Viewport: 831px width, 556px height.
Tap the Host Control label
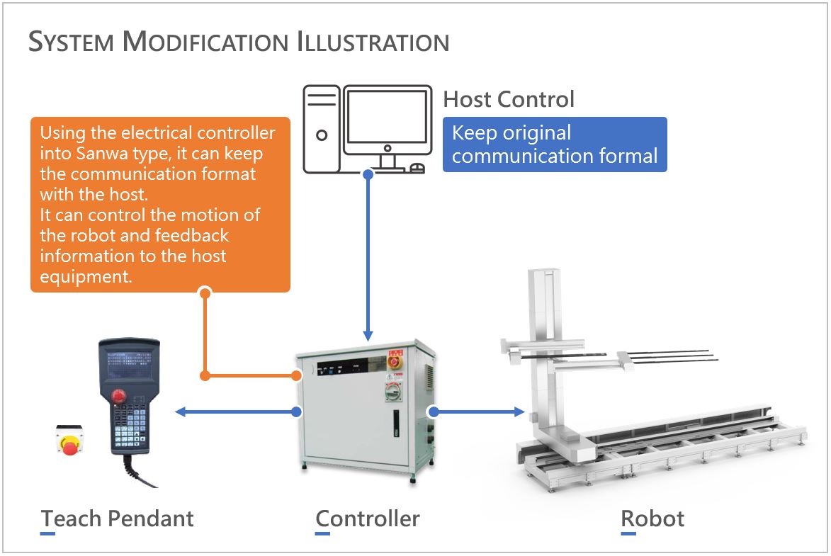tap(508, 99)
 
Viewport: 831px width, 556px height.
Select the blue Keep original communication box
tap(555, 144)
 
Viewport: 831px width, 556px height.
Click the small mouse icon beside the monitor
tap(418, 168)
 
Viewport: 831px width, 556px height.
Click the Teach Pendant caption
tap(118, 518)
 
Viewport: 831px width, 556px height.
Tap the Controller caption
tap(368, 518)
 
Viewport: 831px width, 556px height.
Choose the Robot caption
tap(652, 518)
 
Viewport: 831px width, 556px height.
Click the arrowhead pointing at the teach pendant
tap(180, 412)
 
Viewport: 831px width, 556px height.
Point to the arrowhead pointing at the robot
tap(519, 412)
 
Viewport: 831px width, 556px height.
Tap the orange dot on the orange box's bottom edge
tap(205, 292)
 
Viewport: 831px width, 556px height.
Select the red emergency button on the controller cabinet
tap(393, 361)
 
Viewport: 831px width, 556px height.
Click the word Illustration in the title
tap(373, 42)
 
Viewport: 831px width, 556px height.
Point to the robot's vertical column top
tap(544, 275)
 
